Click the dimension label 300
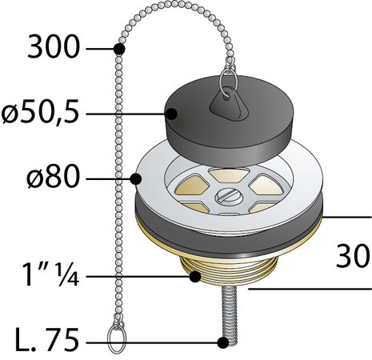pyautogui.click(x=54, y=47)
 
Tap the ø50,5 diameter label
pyautogui.click(x=40, y=112)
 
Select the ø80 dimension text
pyautogui.click(x=53, y=176)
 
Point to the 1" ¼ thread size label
pyautogui.click(x=50, y=274)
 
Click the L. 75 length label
pyautogui.click(x=47, y=340)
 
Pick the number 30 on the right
pyautogui.click(x=353, y=256)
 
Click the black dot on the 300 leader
pyautogui.click(x=119, y=49)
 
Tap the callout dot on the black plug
pyautogui.click(x=171, y=114)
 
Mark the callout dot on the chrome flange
pyautogui.click(x=136, y=179)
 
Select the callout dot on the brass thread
pyautogui.click(x=195, y=277)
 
